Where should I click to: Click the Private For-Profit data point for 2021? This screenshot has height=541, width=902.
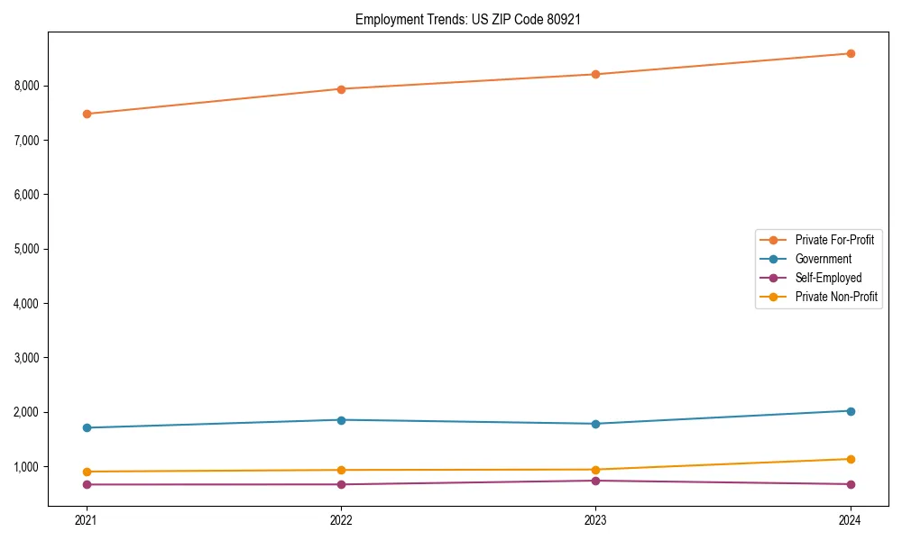87,114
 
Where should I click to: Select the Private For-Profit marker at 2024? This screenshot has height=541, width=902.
851,53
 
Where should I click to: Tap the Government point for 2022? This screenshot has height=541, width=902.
341,420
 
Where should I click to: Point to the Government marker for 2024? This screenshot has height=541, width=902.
851,411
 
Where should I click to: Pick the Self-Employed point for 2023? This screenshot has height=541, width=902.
596,481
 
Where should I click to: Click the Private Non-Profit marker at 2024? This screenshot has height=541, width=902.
851,459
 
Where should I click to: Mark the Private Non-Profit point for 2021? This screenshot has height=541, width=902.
87,472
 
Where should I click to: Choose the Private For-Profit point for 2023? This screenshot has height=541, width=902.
596,74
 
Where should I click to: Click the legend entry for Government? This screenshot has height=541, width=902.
823,259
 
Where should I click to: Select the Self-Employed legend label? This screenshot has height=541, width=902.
828,278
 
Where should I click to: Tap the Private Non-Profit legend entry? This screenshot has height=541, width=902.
836,297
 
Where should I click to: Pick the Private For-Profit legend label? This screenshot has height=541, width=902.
834,240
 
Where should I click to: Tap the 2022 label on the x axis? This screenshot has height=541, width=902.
341,519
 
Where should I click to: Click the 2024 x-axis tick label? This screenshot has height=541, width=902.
851,519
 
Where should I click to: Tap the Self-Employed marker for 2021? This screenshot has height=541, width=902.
87,484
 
